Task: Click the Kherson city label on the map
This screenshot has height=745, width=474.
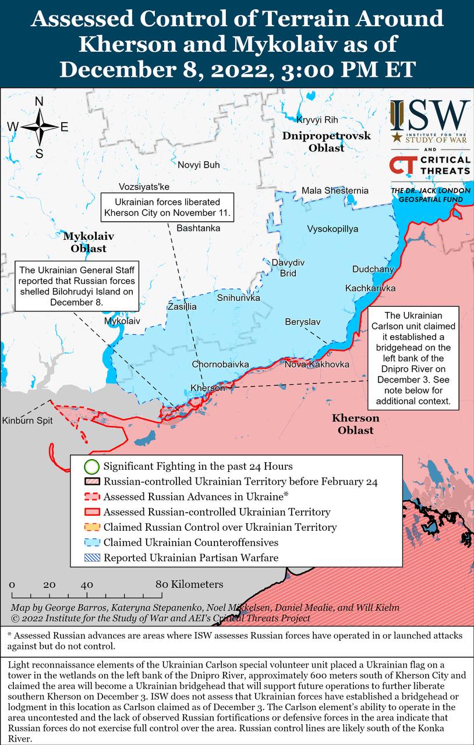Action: click(207, 388)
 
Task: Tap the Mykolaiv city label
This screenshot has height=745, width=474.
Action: click(122, 321)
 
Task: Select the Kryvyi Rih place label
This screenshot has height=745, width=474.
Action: click(317, 120)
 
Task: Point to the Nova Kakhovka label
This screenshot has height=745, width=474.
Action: click(317, 364)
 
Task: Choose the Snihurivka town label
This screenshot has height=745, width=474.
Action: click(238, 298)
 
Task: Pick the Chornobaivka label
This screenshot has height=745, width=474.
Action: click(220, 364)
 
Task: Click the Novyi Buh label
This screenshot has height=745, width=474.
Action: click(199, 165)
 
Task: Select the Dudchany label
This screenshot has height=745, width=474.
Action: click(373, 269)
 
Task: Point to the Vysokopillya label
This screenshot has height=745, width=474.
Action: click(332, 229)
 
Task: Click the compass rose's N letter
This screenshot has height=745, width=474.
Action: click(39, 102)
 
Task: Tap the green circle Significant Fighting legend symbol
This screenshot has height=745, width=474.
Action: click(91, 466)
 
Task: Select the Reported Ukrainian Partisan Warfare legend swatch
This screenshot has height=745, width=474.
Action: click(91, 558)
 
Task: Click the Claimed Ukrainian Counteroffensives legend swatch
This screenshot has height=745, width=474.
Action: click(91, 542)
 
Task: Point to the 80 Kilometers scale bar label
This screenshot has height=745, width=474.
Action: click(189, 584)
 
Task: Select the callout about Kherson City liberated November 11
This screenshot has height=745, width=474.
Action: click(167, 207)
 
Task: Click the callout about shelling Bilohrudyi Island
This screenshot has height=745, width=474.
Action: click(77, 286)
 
